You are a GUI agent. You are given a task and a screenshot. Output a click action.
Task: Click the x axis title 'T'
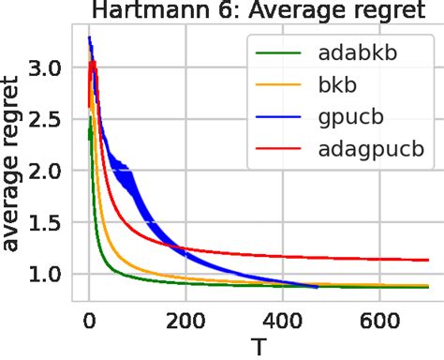[257, 346]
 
